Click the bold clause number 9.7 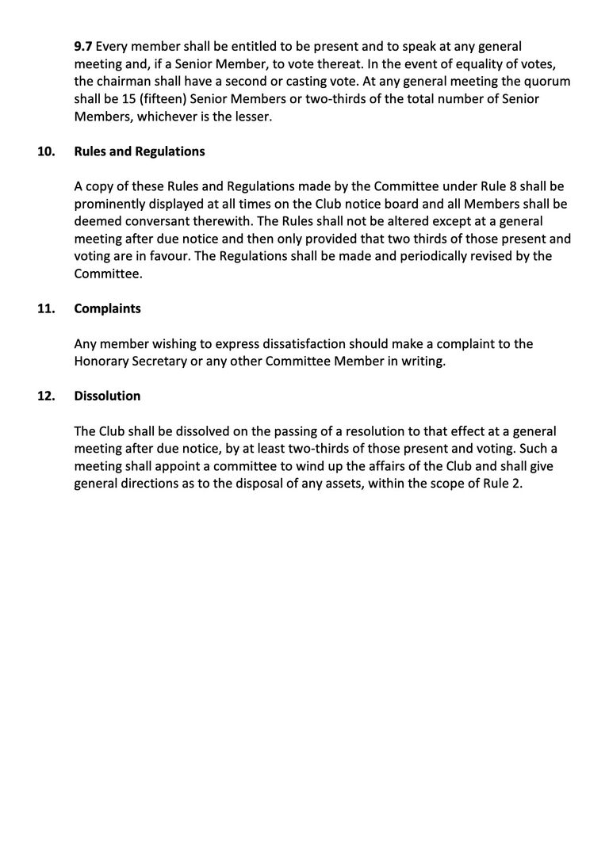tap(83, 48)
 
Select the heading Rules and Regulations tap(140, 151)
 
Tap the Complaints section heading tap(107, 309)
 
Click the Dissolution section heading tap(107, 396)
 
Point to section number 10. tap(46, 151)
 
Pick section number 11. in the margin tap(46, 309)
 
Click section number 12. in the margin tap(46, 396)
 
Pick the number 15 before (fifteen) tap(113, 100)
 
